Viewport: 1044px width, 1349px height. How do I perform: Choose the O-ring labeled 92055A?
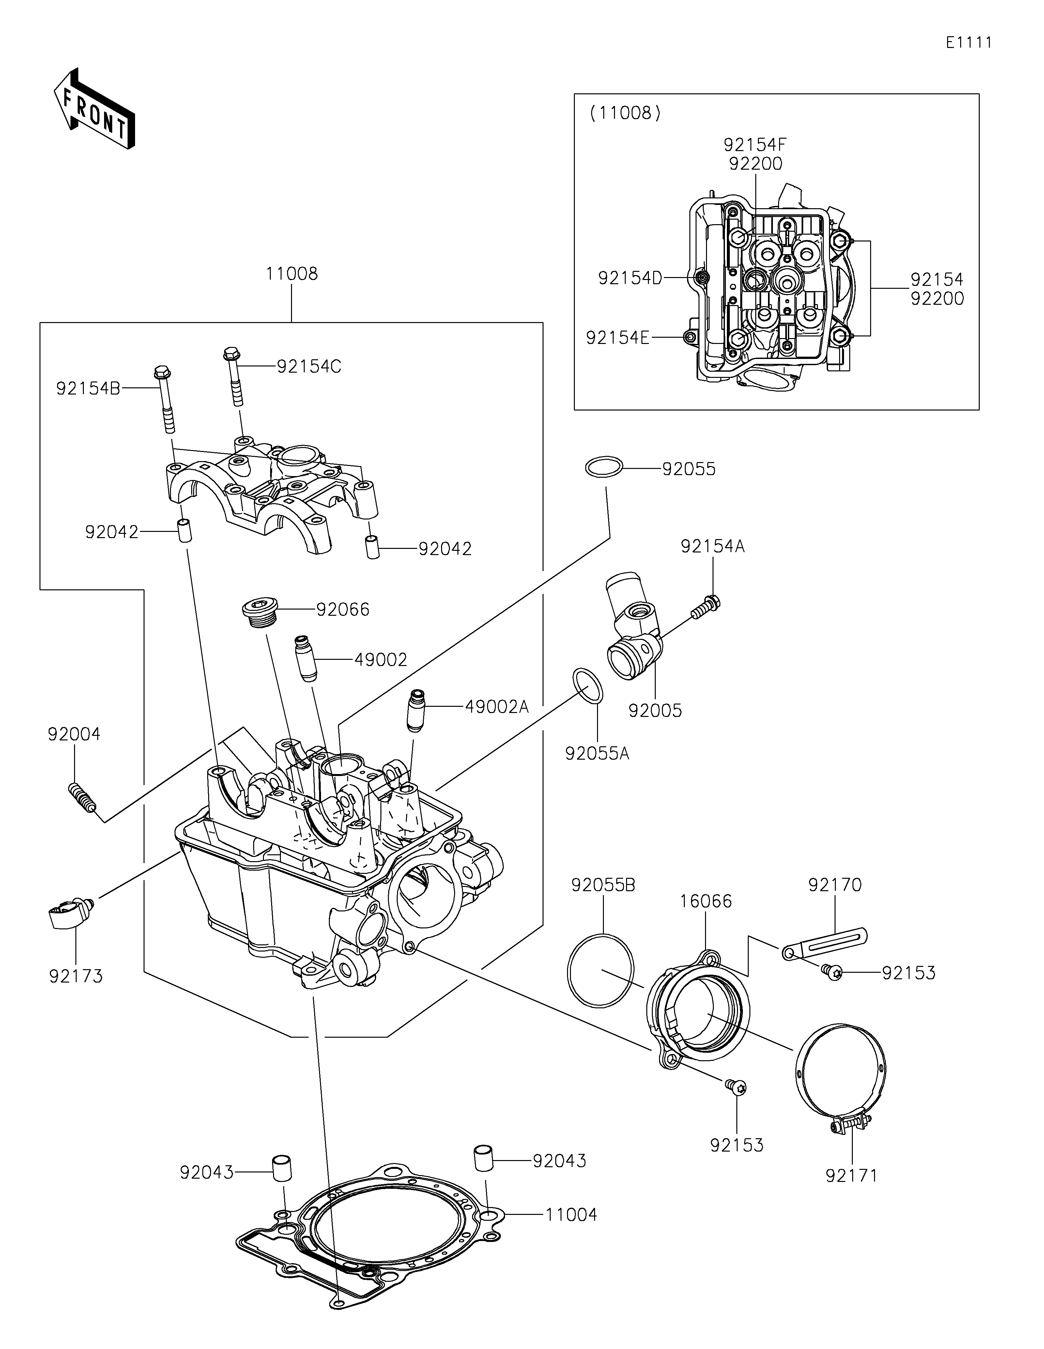tap(588, 686)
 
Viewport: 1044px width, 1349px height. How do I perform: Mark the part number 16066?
tap(706, 901)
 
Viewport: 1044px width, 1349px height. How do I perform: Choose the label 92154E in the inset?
tap(617, 338)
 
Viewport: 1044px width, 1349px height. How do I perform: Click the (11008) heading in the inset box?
tap(625, 113)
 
